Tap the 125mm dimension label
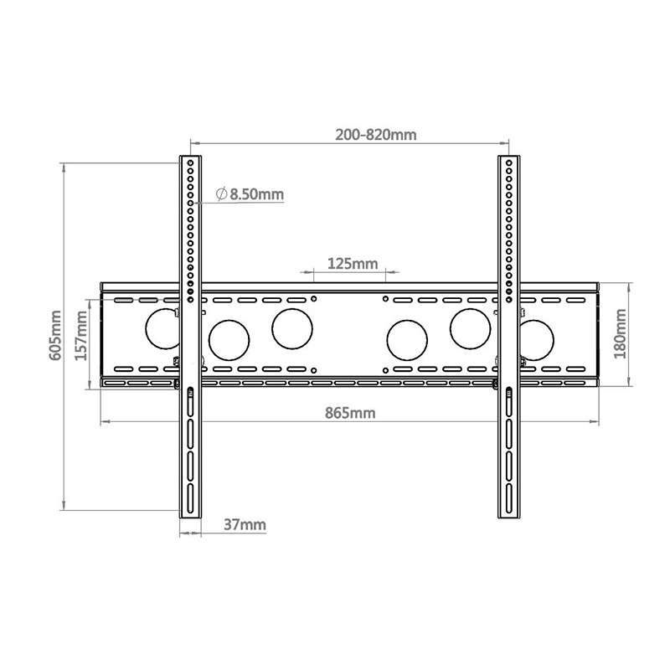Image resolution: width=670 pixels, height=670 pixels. [352, 264]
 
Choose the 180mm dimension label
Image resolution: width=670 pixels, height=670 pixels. [621, 333]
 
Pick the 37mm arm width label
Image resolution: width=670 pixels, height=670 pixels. [245, 525]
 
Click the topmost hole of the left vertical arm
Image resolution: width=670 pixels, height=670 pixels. [191, 162]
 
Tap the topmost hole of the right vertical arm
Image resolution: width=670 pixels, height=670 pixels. [508, 162]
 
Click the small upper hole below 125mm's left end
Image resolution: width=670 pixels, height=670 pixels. [313, 298]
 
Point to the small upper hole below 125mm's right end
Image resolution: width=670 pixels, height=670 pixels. [384, 298]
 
